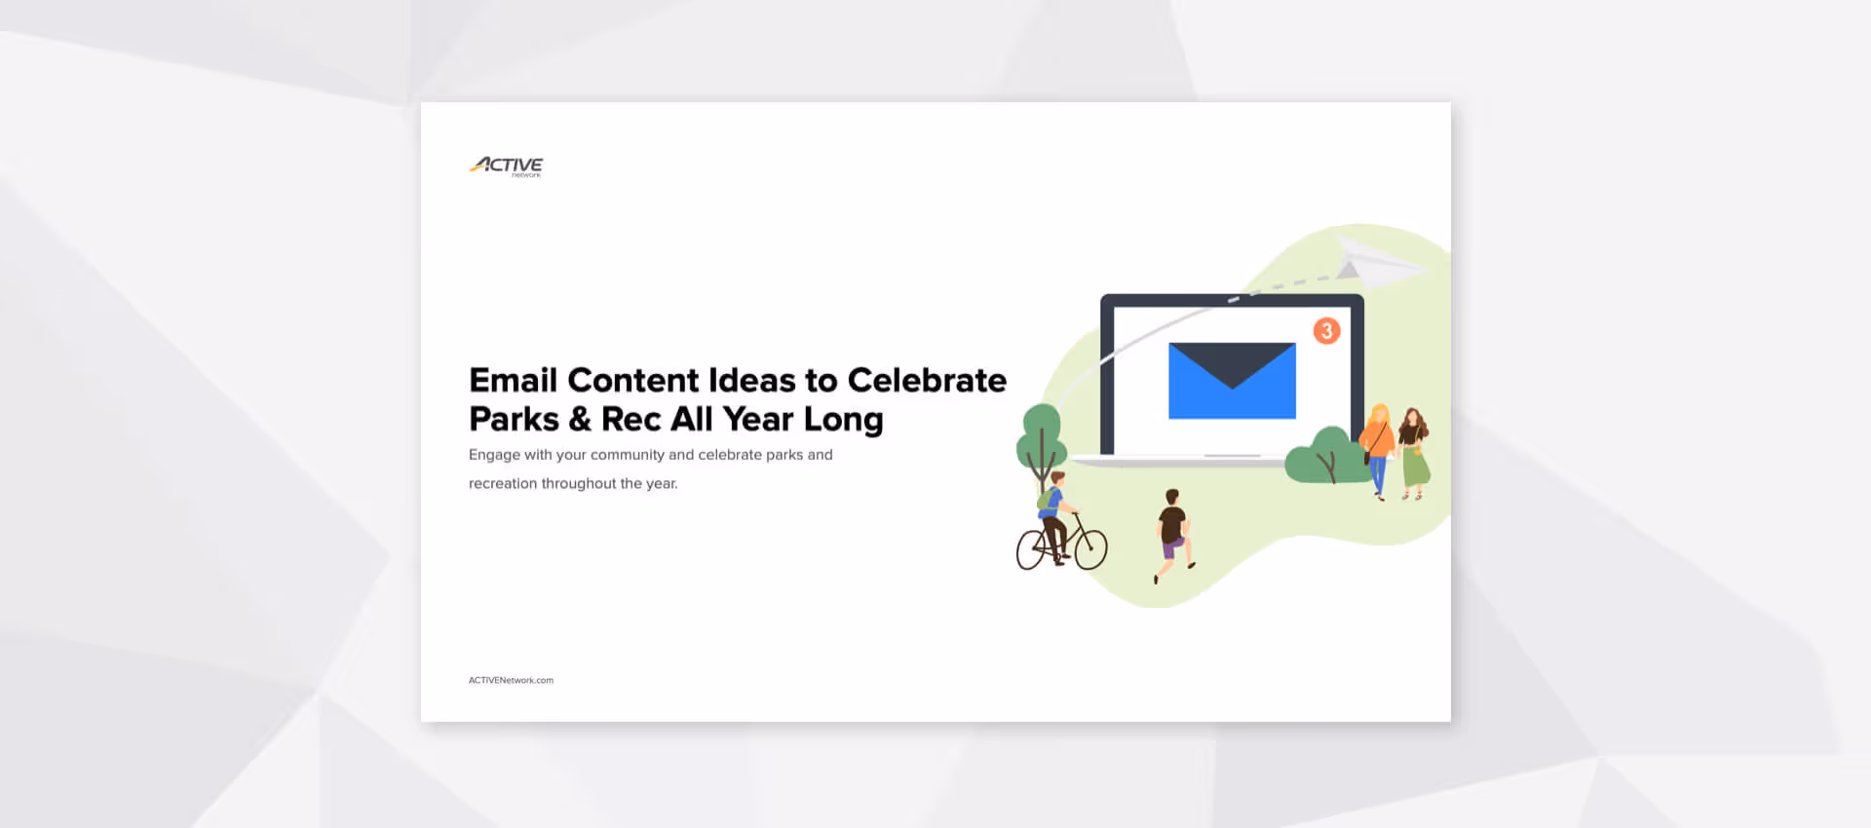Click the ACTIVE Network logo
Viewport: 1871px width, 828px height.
click(506, 167)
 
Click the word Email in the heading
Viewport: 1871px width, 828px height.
click(513, 380)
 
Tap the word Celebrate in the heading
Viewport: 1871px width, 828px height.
click(927, 380)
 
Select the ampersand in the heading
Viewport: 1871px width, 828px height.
click(580, 419)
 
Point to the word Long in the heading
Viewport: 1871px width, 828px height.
click(843, 420)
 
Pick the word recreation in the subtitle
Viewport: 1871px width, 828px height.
click(502, 483)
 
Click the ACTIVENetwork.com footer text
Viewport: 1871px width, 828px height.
click(511, 680)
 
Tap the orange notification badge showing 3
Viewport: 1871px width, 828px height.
click(1326, 331)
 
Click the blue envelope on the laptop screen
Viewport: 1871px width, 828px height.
click(1232, 381)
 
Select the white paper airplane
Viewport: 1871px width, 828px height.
click(1377, 260)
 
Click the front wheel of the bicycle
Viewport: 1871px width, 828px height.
click(1090, 549)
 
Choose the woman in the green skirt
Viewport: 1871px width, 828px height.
click(1413, 453)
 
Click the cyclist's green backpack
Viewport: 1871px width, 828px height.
click(1045, 500)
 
